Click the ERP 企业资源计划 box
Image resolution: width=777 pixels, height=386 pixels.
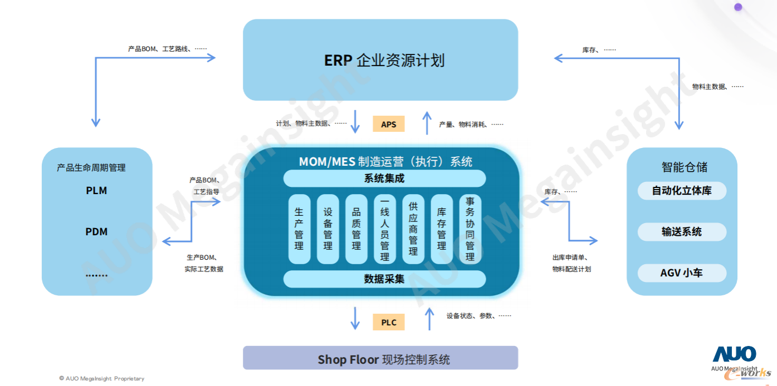point(380,60)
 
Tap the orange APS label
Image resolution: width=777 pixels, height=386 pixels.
point(388,124)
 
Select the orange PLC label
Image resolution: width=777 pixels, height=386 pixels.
point(388,323)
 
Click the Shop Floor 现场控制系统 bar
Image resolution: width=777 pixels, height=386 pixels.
point(380,359)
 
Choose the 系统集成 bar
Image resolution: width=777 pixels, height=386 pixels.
point(384,179)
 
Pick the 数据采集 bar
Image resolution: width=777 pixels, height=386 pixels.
point(384,279)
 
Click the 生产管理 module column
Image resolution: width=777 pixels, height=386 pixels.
point(299,229)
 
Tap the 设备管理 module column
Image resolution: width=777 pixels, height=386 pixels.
point(328,229)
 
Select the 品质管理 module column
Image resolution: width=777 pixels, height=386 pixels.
point(356,229)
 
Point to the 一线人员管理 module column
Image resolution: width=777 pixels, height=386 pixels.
point(384,229)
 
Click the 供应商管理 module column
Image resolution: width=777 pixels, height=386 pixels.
point(413,229)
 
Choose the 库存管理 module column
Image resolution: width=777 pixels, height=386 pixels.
point(441,229)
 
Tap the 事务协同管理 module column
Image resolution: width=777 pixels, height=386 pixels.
point(470,229)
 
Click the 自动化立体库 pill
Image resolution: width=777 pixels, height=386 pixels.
point(682,191)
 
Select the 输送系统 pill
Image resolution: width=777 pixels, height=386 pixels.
point(682,232)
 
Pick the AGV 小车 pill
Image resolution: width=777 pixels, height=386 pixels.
point(682,273)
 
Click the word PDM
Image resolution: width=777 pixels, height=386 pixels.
point(96,232)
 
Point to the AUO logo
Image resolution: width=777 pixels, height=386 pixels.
point(734,354)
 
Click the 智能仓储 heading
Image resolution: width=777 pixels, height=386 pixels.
point(685,167)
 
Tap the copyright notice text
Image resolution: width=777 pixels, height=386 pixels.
point(101,378)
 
